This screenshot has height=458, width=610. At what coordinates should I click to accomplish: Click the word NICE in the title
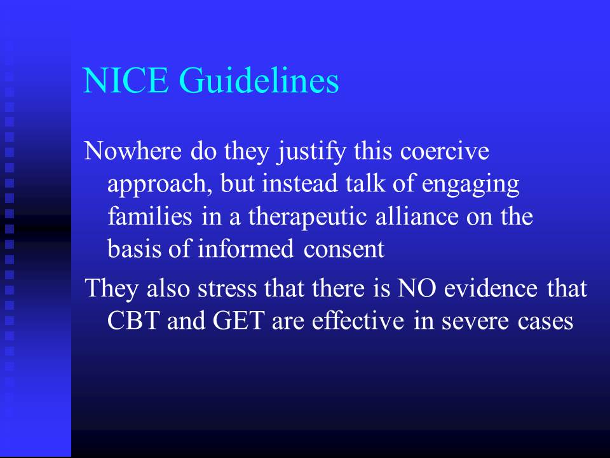126,80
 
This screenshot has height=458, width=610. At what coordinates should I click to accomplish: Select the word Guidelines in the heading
259,80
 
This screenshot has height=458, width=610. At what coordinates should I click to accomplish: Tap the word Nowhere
133,151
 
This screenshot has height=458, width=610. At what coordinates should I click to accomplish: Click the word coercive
445,151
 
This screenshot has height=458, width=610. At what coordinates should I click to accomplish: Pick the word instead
299,183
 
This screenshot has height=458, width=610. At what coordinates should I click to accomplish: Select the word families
150,216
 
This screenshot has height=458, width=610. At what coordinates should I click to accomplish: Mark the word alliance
417,216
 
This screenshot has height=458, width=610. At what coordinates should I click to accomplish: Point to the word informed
246,249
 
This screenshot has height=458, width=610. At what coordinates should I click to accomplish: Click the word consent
344,250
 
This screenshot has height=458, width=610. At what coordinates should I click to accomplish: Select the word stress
227,289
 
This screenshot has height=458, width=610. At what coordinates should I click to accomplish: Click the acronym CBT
133,321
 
